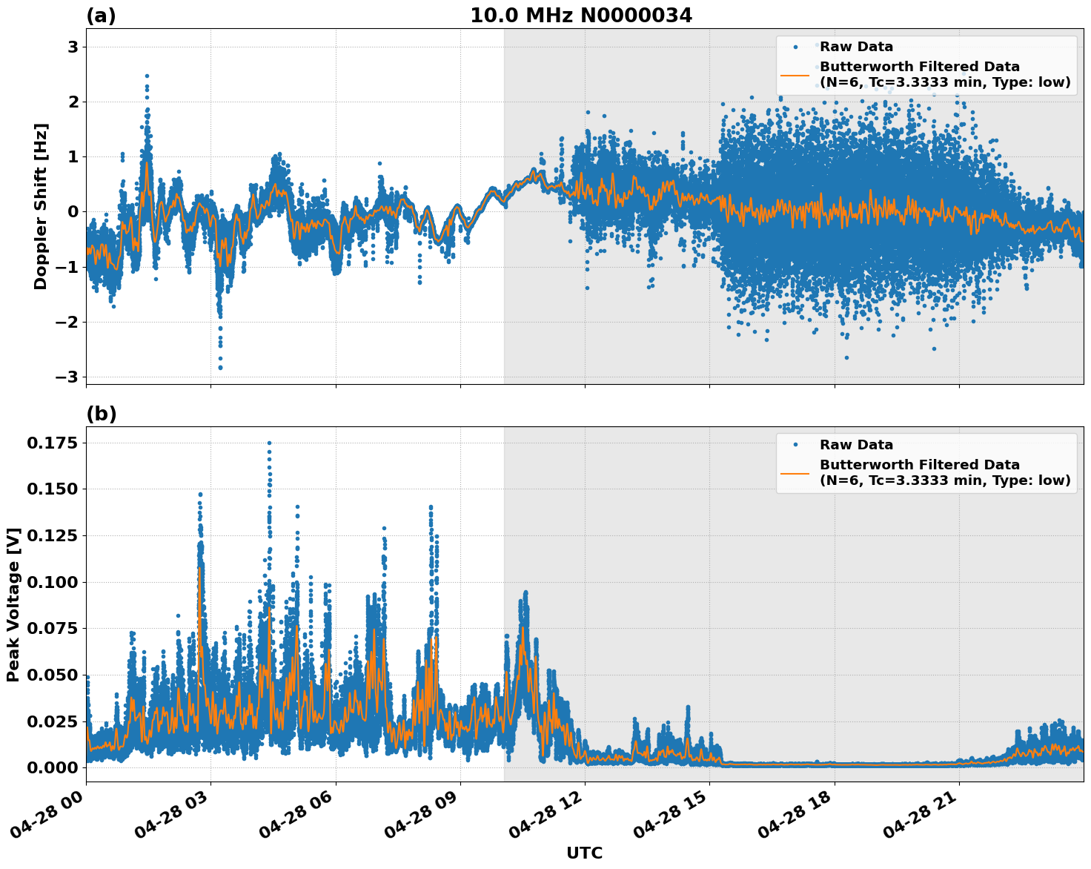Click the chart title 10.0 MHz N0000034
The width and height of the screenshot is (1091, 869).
click(580, 16)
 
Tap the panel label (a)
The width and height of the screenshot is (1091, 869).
click(101, 16)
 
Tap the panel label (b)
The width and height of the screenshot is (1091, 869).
click(101, 414)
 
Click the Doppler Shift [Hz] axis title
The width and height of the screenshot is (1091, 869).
click(41, 206)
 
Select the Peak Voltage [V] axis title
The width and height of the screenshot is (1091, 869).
click(13, 604)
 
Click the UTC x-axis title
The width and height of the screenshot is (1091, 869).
click(584, 853)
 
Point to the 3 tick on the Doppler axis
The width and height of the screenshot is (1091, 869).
click(73, 47)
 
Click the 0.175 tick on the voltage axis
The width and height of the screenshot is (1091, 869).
click(51, 443)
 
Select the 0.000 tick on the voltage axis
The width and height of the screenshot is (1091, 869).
click(51, 767)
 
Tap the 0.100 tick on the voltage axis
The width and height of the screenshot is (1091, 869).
click(51, 582)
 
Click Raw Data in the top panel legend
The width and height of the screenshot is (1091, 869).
click(856, 47)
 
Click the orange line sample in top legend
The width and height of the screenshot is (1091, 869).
click(795, 75)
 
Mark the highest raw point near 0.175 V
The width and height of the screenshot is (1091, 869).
click(269, 443)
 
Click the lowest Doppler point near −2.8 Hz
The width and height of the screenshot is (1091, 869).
click(220, 368)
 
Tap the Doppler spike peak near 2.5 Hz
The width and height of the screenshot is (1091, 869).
click(147, 76)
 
